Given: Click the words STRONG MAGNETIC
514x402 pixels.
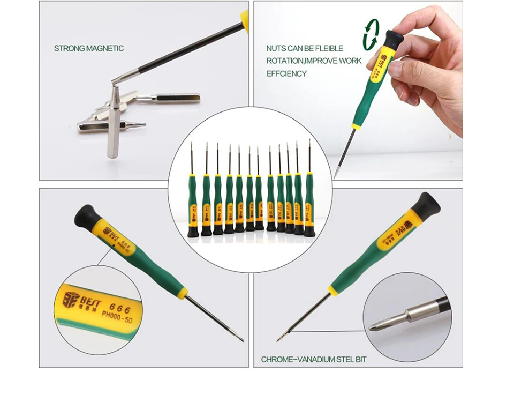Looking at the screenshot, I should (88, 48).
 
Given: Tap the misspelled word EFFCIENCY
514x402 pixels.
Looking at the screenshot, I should (286, 73).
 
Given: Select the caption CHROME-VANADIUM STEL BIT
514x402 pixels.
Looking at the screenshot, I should (314, 359).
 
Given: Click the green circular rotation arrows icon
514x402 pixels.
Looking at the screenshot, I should (371, 35).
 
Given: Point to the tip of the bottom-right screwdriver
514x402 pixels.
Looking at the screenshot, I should (279, 339).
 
